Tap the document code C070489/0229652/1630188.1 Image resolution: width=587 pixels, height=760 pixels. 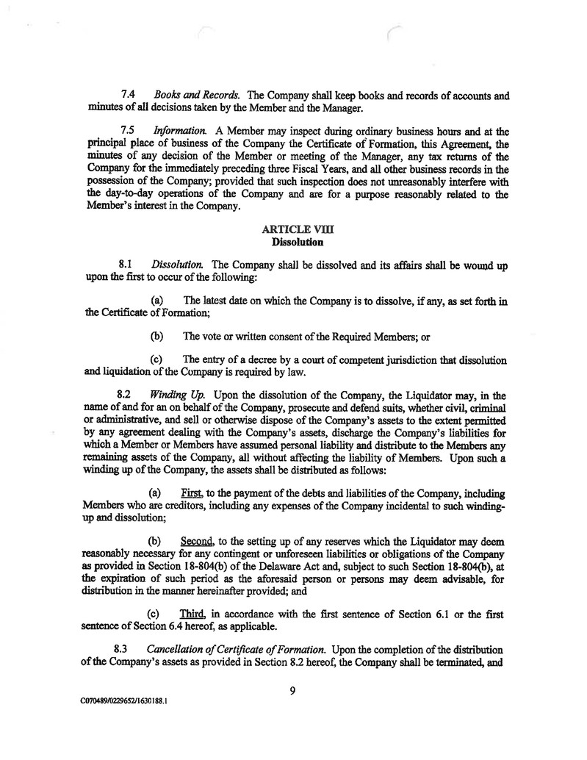125,701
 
